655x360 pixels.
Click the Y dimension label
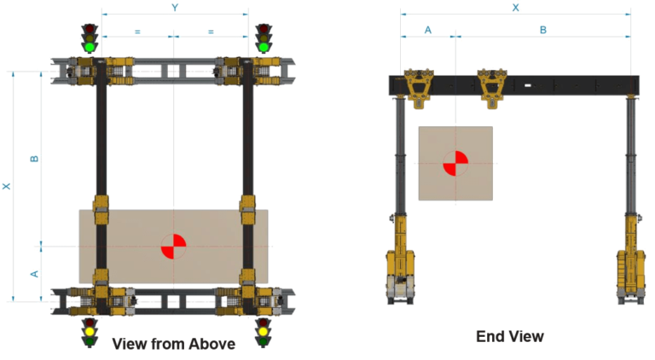[175, 8]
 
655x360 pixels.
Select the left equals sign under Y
[137, 32]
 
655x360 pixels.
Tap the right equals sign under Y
[212, 32]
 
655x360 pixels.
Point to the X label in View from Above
[7, 186]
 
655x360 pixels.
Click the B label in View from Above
[34, 159]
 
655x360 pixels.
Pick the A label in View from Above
[34, 274]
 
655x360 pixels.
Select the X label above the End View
[515, 7]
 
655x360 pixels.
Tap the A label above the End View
[428, 30]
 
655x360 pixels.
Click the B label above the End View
[542, 30]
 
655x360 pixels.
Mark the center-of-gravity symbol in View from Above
[173, 247]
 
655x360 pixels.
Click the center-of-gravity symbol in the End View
[455, 163]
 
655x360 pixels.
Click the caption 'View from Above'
[173, 344]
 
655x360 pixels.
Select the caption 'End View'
[509, 336]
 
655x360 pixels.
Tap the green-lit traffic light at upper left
[90, 38]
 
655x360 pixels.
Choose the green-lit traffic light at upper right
[264, 38]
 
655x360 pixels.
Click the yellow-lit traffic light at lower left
[89, 331]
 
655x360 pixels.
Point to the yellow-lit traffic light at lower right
[263, 331]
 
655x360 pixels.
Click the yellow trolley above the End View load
[492, 87]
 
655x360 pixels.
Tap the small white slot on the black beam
[529, 85]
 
